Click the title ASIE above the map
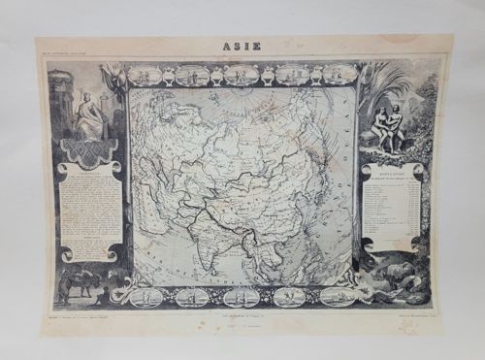pyautogui.click(x=242, y=47)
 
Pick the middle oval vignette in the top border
pyautogui.click(x=242, y=74)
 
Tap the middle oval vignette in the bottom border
pyautogui.click(x=242, y=296)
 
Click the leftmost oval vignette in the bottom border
pyautogui.click(x=145, y=296)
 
